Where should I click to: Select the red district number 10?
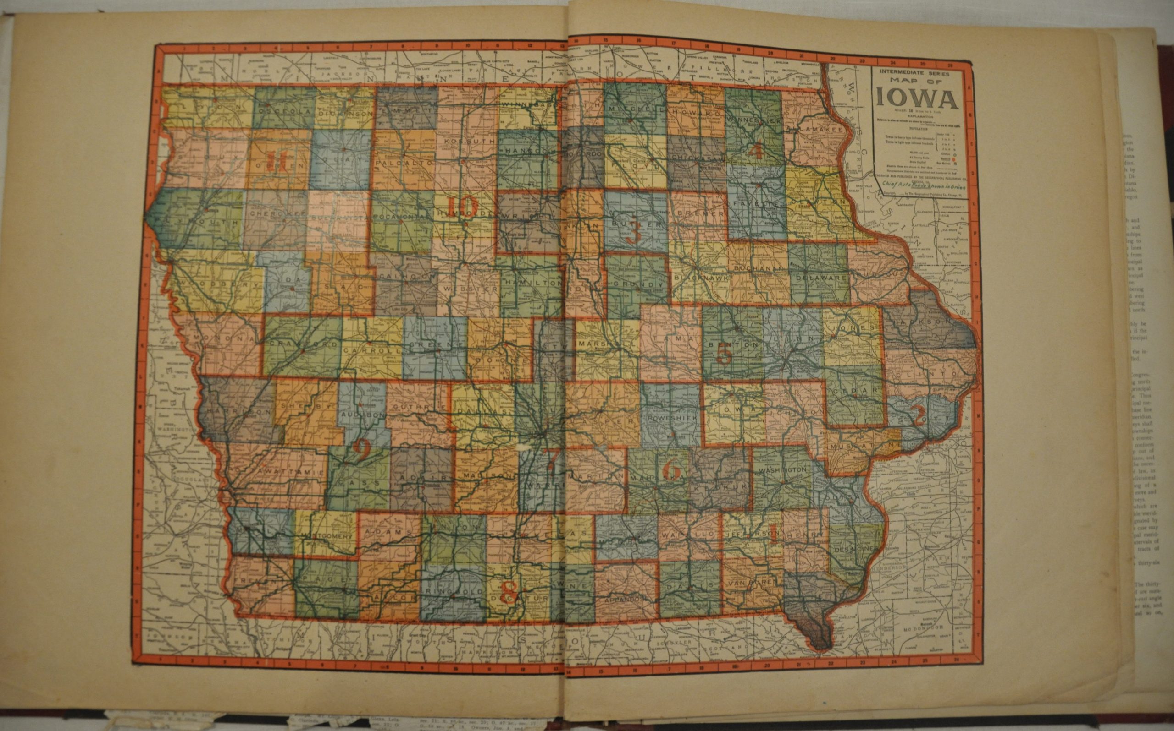click(462, 207)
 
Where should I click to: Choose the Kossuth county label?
click(470, 141)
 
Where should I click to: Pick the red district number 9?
click(361, 450)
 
